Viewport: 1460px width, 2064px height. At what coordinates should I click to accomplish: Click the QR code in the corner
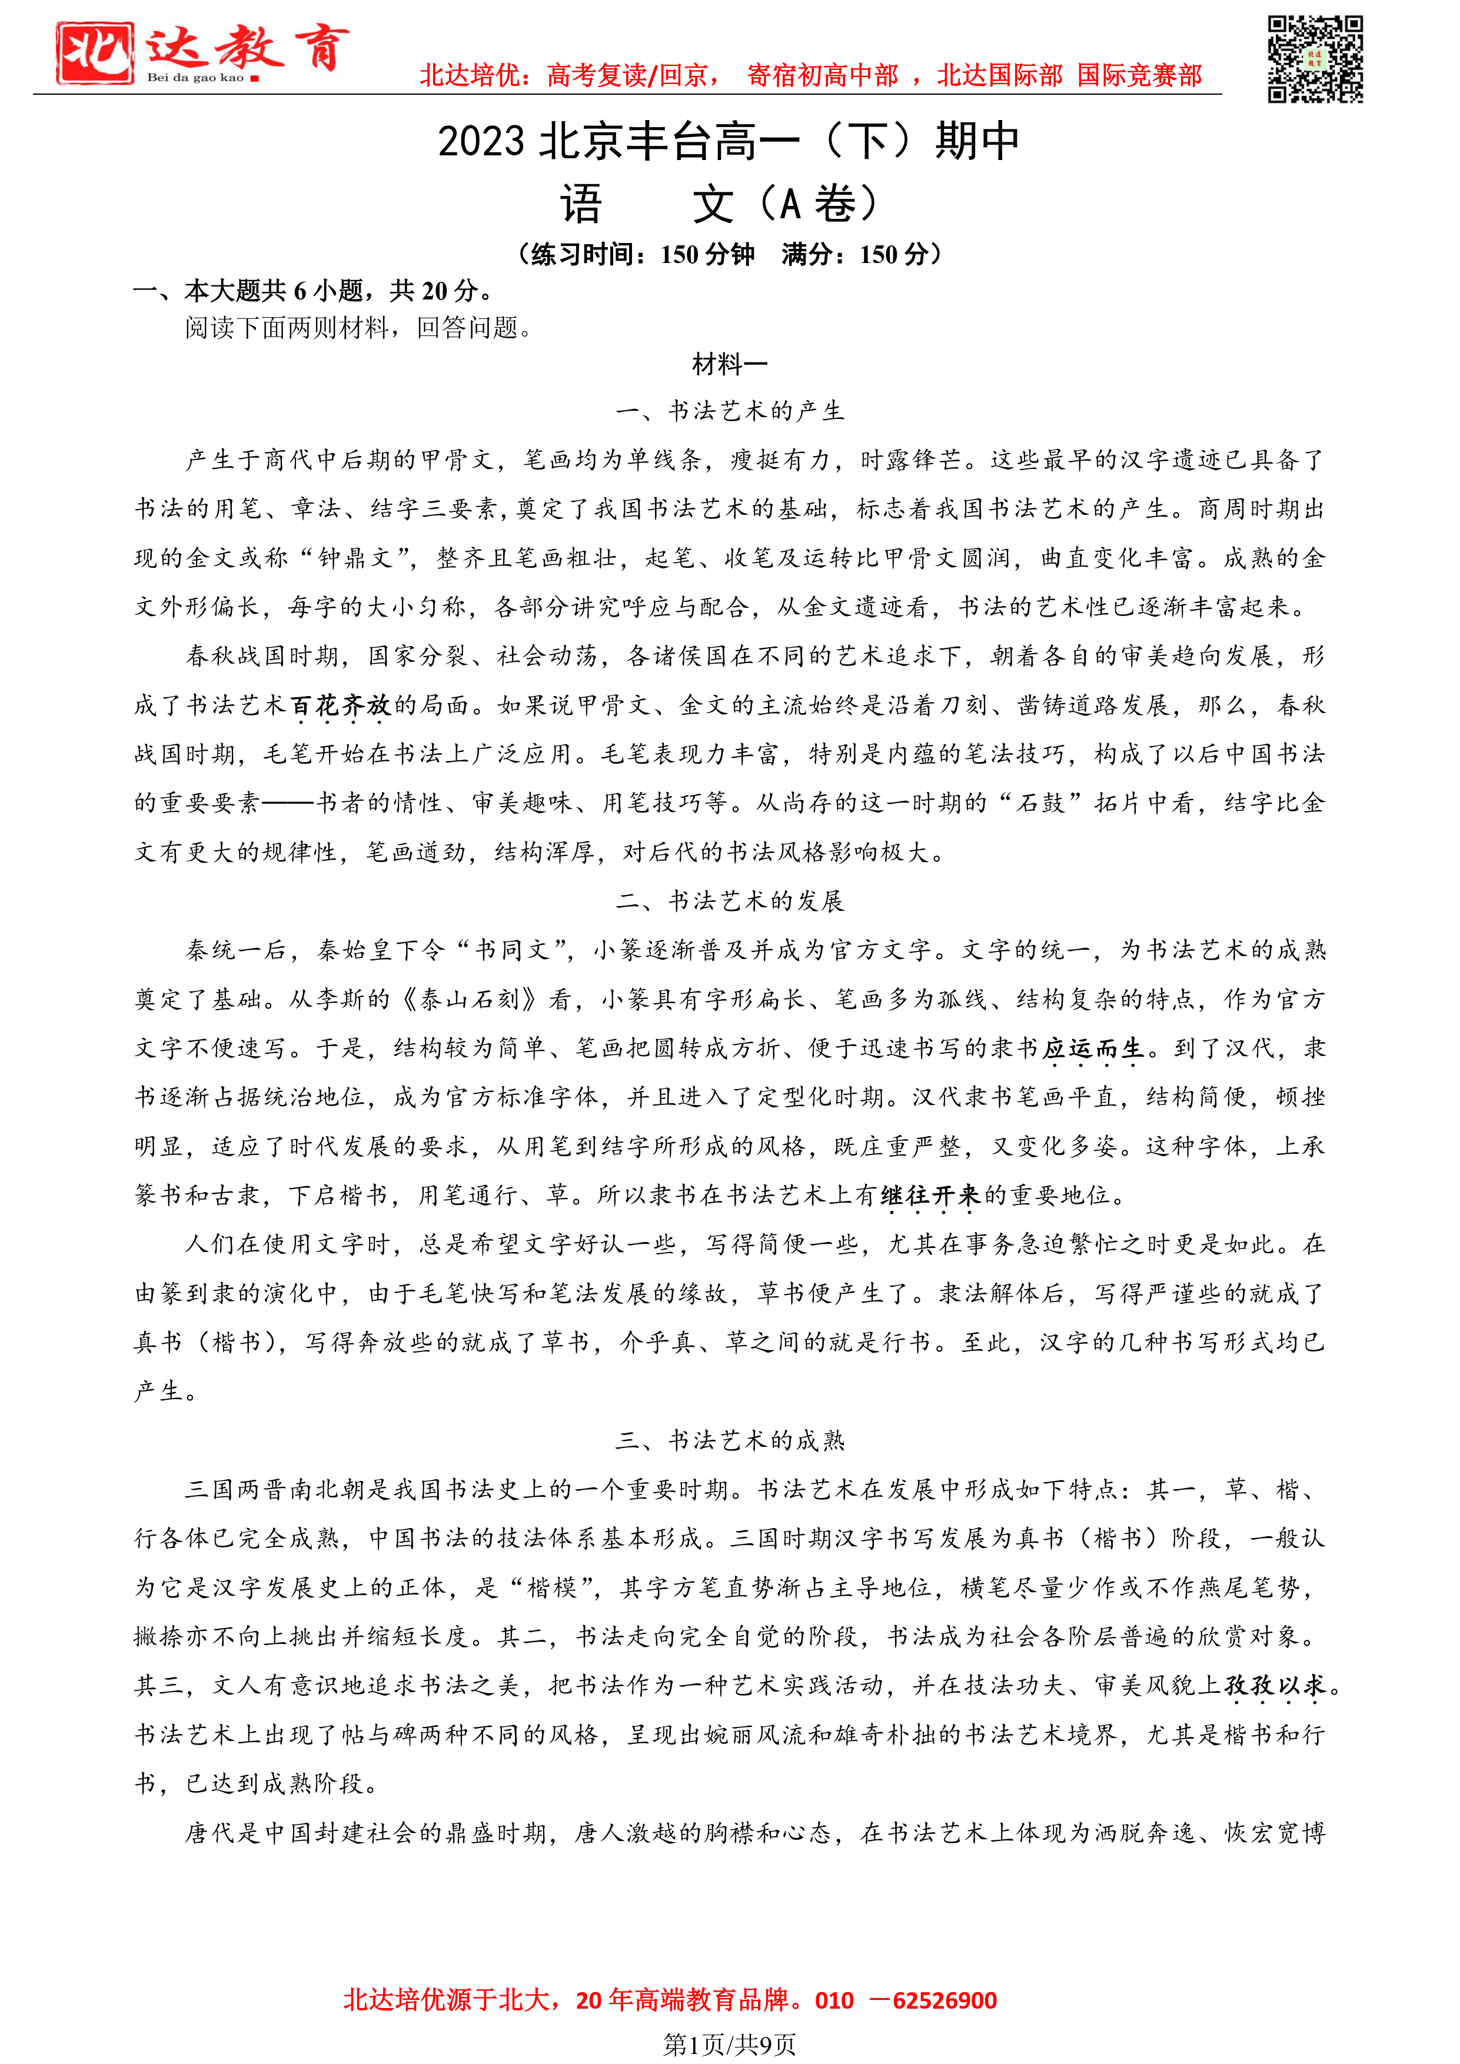pyautogui.click(x=1315, y=59)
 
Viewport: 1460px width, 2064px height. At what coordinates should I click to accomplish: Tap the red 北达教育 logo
pyautogui.click(x=202, y=52)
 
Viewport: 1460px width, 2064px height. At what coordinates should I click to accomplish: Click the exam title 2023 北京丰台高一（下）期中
pyautogui.click(x=728, y=141)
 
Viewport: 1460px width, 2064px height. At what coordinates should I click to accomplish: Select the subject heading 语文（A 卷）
pyautogui.click(x=719, y=204)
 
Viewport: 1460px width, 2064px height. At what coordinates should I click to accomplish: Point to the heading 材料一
pyautogui.click(x=729, y=365)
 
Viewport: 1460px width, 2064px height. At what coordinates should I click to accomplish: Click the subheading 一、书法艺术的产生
pyautogui.click(x=729, y=412)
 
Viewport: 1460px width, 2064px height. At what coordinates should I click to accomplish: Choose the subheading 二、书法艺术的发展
pyautogui.click(x=729, y=901)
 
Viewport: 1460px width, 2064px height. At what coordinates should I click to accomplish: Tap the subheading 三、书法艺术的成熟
pyautogui.click(x=729, y=1441)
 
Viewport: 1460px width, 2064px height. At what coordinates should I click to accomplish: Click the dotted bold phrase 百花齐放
pyautogui.click(x=342, y=705)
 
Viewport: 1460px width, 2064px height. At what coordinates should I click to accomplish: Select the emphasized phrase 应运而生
pyautogui.click(x=1092, y=1049)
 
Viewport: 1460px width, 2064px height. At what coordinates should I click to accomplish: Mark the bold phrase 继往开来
pyautogui.click(x=930, y=1196)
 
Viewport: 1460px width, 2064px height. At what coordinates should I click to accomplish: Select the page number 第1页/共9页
pyautogui.click(x=729, y=2045)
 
